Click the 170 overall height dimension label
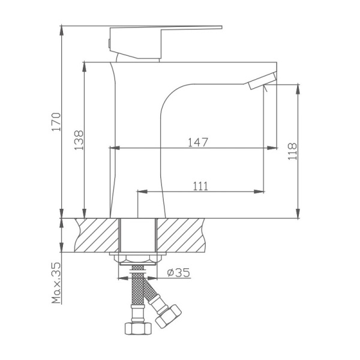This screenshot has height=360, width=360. tap(56, 122)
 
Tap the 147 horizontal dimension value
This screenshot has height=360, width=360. tap(198, 142)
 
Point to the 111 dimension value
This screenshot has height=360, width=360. tap(200, 186)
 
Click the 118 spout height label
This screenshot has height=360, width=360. tap(292, 151)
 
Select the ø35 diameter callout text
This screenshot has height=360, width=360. tap(178, 272)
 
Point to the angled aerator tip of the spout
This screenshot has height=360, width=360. tap(261, 82)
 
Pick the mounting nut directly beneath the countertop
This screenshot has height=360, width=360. tap(138, 259)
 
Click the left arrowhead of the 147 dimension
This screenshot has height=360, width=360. tap(112, 148)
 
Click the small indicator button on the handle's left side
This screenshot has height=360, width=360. tap(108, 42)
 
